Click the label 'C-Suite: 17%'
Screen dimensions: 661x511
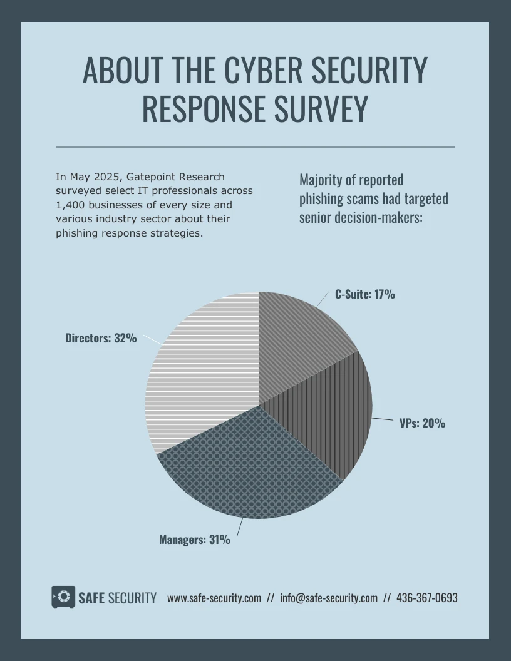(x=365, y=294)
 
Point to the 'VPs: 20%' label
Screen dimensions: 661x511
(x=423, y=423)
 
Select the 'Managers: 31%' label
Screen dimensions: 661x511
(x=195, y=539)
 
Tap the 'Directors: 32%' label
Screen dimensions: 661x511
(x=101, y=338)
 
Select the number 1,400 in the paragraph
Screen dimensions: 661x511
(x=71, y=205)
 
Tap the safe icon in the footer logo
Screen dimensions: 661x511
(x=63, y=597)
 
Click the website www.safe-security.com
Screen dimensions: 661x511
(x=214, y=598)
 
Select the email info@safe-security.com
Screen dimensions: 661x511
(x=329, y=598)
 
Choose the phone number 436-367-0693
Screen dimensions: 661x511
(x=427, y=598)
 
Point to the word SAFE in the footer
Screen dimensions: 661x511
(x=91, y=598)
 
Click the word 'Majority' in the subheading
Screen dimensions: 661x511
(x=320, y=180)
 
